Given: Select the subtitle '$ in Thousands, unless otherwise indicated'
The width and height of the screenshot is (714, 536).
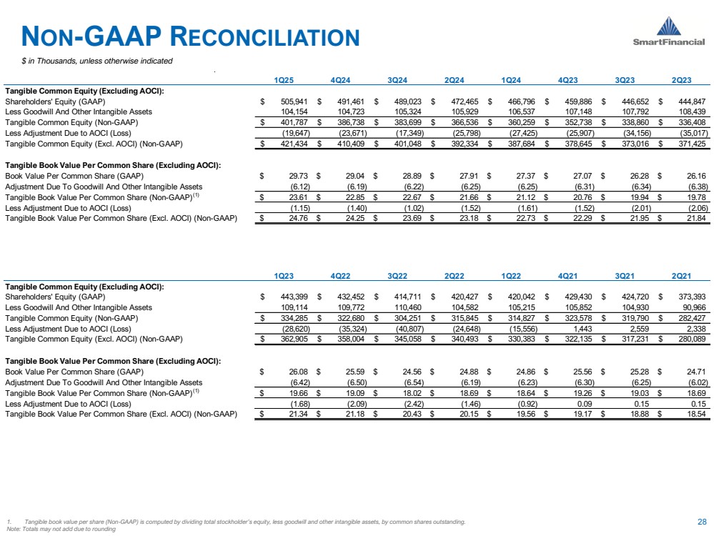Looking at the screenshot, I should (x=96, y=61).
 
